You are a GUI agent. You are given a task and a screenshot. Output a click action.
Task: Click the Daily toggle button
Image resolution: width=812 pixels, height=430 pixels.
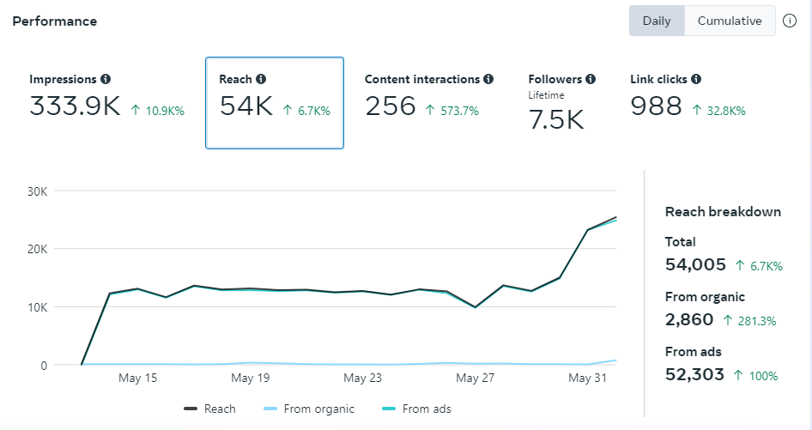[x=657, y=21]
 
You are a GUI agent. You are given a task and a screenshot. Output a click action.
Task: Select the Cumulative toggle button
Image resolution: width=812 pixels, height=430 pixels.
[x=730, y=21]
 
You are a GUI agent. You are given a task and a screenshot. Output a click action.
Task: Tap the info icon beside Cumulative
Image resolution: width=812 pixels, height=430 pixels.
[x=790, y=21]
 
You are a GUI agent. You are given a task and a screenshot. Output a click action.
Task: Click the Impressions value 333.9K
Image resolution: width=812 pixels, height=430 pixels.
[x=75, y=106]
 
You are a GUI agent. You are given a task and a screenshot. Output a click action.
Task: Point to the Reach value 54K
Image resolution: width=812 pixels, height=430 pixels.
[x=245, y=106]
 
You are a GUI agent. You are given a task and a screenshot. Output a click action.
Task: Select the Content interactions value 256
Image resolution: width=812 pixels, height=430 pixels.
[x=391, y=106]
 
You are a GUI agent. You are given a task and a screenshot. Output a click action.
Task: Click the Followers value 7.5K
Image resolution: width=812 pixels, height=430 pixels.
[x=556, y=120]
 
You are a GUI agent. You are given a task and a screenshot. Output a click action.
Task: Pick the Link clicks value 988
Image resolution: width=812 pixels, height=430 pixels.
[x=656, y=106]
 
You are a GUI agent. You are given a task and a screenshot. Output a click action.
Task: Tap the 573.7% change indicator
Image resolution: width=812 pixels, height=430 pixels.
[x=452, y=111]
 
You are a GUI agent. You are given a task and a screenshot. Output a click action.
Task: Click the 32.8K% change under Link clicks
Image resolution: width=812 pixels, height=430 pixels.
[x=718, y=111]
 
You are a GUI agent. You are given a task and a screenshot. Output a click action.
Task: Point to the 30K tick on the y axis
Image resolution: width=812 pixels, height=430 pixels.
[x=37, y=191]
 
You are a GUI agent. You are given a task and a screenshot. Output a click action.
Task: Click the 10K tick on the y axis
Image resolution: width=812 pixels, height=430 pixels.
[x=37, y=307]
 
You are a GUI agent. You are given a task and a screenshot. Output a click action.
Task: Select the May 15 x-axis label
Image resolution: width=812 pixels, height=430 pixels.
[x=137, y=378]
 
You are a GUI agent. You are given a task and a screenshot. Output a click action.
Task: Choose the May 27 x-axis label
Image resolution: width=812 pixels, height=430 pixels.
[x=475, y=378]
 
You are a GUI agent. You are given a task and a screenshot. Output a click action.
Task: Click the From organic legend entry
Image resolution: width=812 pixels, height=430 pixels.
[x=310, y=409]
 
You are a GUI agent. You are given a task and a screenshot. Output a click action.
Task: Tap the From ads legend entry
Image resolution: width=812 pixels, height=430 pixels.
[x=417, y=409]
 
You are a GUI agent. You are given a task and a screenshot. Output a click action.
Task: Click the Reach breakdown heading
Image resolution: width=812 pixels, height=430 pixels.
[x=723, y=212]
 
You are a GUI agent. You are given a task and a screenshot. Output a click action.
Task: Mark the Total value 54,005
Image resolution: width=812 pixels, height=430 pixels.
[x=695, y=265]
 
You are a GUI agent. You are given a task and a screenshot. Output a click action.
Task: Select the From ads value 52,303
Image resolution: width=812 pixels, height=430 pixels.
[x=694, y=375]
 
